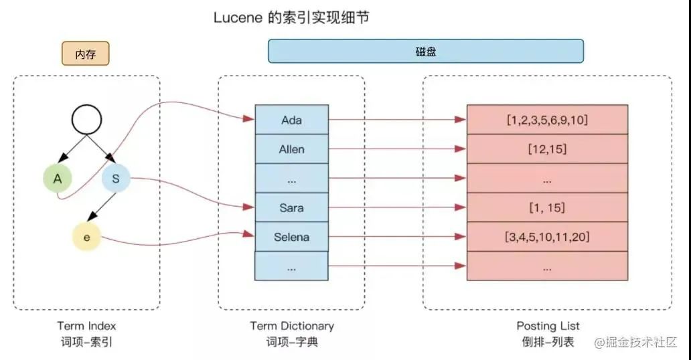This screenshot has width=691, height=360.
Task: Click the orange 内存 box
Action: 85,54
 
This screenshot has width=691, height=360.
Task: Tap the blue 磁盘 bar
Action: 425,51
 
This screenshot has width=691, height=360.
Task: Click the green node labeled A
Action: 58,179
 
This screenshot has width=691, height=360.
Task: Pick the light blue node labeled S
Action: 115,179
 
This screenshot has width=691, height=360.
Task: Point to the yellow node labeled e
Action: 86,237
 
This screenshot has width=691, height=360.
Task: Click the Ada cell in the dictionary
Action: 291,120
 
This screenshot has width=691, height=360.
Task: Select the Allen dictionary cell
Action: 291,149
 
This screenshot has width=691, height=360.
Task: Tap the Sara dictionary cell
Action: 291,208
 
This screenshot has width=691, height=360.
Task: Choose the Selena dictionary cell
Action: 291,237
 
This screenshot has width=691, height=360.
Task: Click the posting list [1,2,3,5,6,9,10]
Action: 547,120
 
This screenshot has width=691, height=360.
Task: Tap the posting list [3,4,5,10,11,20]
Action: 547,237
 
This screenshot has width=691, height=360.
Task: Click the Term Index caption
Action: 86,326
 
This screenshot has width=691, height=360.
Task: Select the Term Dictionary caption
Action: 291,326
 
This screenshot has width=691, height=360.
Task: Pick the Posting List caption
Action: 547,326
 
